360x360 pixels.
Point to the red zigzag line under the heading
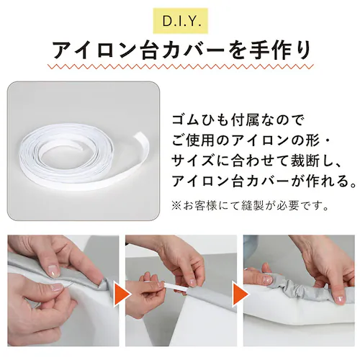[180, 70]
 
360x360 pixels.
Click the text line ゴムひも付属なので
[230, 117]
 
